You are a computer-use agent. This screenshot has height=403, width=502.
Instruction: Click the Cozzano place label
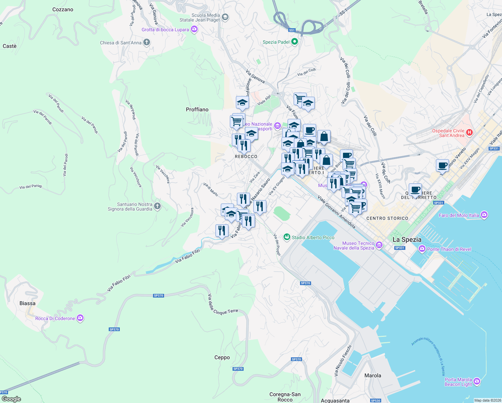point(63,9)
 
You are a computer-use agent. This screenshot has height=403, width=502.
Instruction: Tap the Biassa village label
point(28,303)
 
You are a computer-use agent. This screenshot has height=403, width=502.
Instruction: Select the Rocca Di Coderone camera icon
point(80,318)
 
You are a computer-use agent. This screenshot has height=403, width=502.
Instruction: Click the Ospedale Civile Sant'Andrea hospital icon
point(469,133)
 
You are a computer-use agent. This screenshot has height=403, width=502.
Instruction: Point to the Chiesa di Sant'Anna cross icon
point(146,42)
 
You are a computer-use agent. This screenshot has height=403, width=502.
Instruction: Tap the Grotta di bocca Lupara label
point(165,30)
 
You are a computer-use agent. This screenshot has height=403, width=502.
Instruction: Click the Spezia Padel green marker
point(295,42)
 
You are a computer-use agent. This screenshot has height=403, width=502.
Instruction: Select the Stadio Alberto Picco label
point(313,237)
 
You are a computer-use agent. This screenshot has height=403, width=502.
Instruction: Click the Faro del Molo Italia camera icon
point(484,215)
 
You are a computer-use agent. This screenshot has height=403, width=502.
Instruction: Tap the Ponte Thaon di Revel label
point(449,249)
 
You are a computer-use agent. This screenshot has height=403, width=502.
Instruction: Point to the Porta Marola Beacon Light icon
point(477,382)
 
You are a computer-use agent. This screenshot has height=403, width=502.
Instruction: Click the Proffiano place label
point(197,109)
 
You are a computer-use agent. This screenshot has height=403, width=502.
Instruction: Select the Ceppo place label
point(222,357)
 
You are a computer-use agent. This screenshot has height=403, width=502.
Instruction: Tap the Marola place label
point(373,375)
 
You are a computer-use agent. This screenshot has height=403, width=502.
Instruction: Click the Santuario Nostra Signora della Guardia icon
point(157,206)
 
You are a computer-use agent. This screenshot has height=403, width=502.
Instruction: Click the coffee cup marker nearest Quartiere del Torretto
point(415,190)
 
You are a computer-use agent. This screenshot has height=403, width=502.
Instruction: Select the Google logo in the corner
point(11,399)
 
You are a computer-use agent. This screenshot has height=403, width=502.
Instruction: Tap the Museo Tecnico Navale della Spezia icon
point(379,245)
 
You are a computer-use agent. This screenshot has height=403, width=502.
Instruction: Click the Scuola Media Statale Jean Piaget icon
point(225,17)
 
